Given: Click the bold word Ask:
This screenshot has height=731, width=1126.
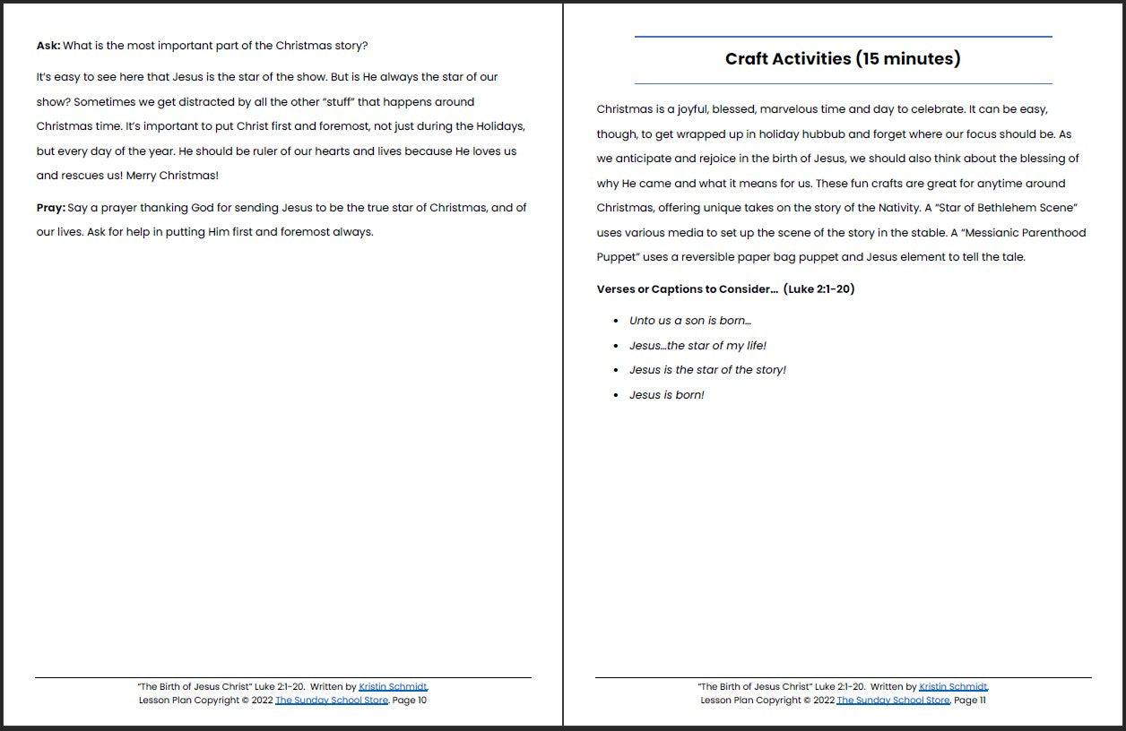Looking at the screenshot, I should [48, 46].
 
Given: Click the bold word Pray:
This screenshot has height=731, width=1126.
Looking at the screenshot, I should [50, 208].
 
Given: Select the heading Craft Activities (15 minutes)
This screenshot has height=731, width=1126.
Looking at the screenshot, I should [843, 59].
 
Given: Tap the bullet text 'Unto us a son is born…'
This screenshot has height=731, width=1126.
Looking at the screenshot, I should [690, 321].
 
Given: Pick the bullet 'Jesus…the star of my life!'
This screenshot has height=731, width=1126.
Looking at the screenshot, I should [697, 346].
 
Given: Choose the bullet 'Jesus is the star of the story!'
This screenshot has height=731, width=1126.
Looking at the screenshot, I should [707, 370].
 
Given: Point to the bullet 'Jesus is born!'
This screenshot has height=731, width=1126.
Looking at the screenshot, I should [666, 395].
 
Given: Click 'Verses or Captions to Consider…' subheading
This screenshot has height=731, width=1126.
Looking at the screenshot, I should [688, 289].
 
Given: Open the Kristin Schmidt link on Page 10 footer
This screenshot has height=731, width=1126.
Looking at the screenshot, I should [393, 687].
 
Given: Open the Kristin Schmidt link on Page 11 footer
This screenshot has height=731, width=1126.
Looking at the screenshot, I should [953, 687].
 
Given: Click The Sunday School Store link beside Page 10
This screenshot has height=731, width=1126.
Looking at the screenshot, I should [332, 701].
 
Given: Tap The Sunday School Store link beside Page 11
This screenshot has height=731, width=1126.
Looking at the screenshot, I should [893, 701].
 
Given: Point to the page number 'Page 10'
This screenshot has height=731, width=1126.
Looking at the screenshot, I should [410, 701].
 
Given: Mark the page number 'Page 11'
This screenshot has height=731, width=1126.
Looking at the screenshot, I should [969, 701].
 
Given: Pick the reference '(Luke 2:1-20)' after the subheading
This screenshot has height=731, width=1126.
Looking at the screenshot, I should [819, 289].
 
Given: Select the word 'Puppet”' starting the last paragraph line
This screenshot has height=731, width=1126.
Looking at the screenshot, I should [618, 257].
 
